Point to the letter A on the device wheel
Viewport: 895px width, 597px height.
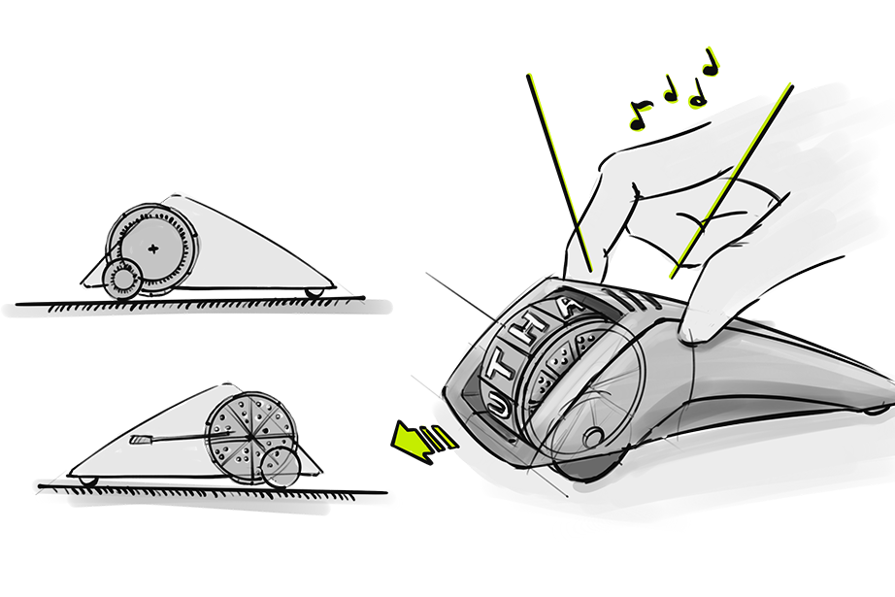[570, 308]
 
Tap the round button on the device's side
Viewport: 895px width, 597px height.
[592, 438]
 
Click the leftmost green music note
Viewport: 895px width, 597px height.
[640, 115]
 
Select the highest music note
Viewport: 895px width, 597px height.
[710, 62]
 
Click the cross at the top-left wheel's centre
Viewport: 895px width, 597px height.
[153, 249]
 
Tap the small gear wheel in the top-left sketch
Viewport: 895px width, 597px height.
[121, 280]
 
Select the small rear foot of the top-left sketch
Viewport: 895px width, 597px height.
[314, 293]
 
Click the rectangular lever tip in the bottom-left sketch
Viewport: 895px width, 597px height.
[140, 440]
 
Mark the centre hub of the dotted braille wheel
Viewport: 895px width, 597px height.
[250, 437]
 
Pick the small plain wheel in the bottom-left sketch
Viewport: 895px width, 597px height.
[281, 467]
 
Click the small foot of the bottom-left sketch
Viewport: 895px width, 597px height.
[88, 481]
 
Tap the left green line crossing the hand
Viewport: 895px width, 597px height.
[559, 173]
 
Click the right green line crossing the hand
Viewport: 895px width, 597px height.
[731, 181]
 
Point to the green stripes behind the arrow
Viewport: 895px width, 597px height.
[443, 438]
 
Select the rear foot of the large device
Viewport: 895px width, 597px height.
[878, 410]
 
